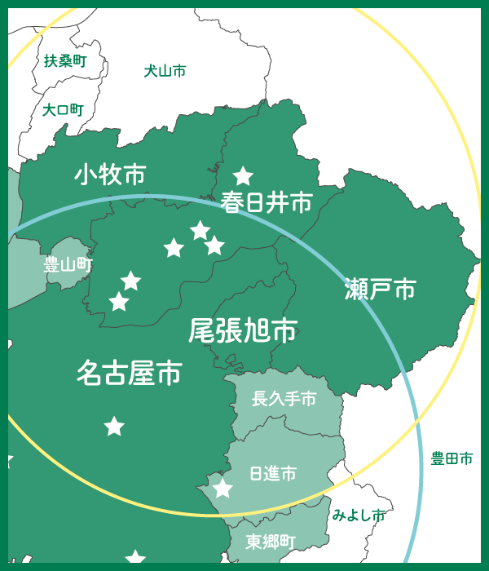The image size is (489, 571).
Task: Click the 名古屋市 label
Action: [x=129, y=374]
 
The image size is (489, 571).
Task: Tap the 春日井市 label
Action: [x=267, y=202]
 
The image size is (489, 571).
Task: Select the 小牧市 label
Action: [x=110, y=174]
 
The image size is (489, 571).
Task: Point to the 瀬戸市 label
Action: [x=380, y=289]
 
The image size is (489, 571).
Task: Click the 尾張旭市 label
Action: [x=242, y=330]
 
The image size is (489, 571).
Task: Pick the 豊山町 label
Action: [x=68, y=264]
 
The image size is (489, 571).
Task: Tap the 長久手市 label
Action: [x=284, y=399]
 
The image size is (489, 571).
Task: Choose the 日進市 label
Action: [x=272, y=473]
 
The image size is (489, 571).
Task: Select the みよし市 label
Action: [x=359, y=516]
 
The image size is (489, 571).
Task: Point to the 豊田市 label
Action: [x=452, y=459]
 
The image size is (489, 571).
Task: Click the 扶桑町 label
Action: [x=64, y=60]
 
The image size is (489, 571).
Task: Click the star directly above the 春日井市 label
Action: [x=243, y=175]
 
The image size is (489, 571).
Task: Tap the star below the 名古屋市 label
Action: [x=114, y=426]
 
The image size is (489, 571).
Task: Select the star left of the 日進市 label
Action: [x=222, y=489]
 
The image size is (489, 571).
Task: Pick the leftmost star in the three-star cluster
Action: [x=174, y=248]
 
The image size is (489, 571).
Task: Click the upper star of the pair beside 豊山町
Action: [x=130, y=281]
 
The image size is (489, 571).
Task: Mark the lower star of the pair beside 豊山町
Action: [x=119, y=302]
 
